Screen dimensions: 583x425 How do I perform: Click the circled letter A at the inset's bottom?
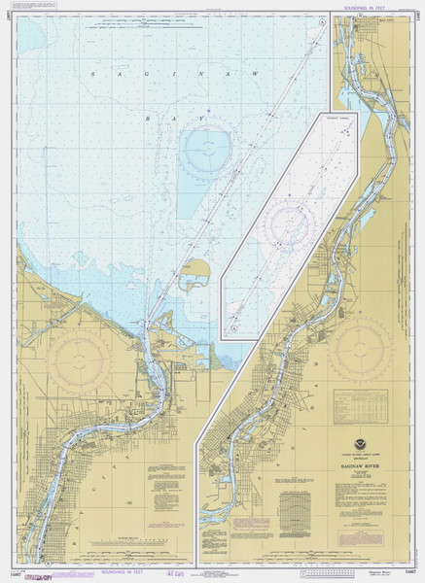coord(234,328)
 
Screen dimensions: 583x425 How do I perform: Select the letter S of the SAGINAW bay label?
coord(90,74)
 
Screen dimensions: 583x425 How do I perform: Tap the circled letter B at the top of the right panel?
coord(360,17)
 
